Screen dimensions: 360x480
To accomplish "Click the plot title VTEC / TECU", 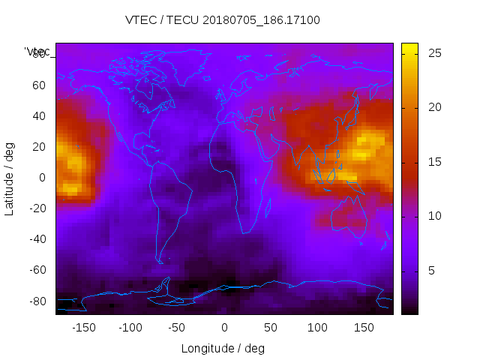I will point(223,20).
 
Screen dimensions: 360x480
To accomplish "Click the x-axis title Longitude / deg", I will point(223,348).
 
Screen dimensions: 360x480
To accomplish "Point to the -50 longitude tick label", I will point(177,328).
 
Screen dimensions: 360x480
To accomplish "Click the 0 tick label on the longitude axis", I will point(224,328).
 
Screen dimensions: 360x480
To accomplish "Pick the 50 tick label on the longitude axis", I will point(271,328).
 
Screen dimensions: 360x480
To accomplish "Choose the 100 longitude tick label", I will point(317,328).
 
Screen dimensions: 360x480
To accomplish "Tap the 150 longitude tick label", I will point(364,328).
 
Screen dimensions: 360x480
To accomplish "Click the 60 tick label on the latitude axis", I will point(39,85).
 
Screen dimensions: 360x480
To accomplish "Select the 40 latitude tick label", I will point(39,116).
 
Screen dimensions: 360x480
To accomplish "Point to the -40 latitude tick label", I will point(37,239).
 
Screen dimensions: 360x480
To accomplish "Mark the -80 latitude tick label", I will point(37,301).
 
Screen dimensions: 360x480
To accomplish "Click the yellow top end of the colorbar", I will point(409,46).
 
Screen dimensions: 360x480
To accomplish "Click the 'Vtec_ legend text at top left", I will point(37,52).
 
